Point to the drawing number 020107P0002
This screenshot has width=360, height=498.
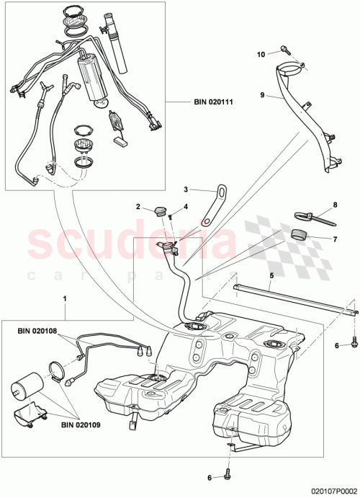point(323,489)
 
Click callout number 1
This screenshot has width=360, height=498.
point(66,298)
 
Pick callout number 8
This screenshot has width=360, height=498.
point(334,205)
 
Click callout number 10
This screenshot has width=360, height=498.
point(261,52)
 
